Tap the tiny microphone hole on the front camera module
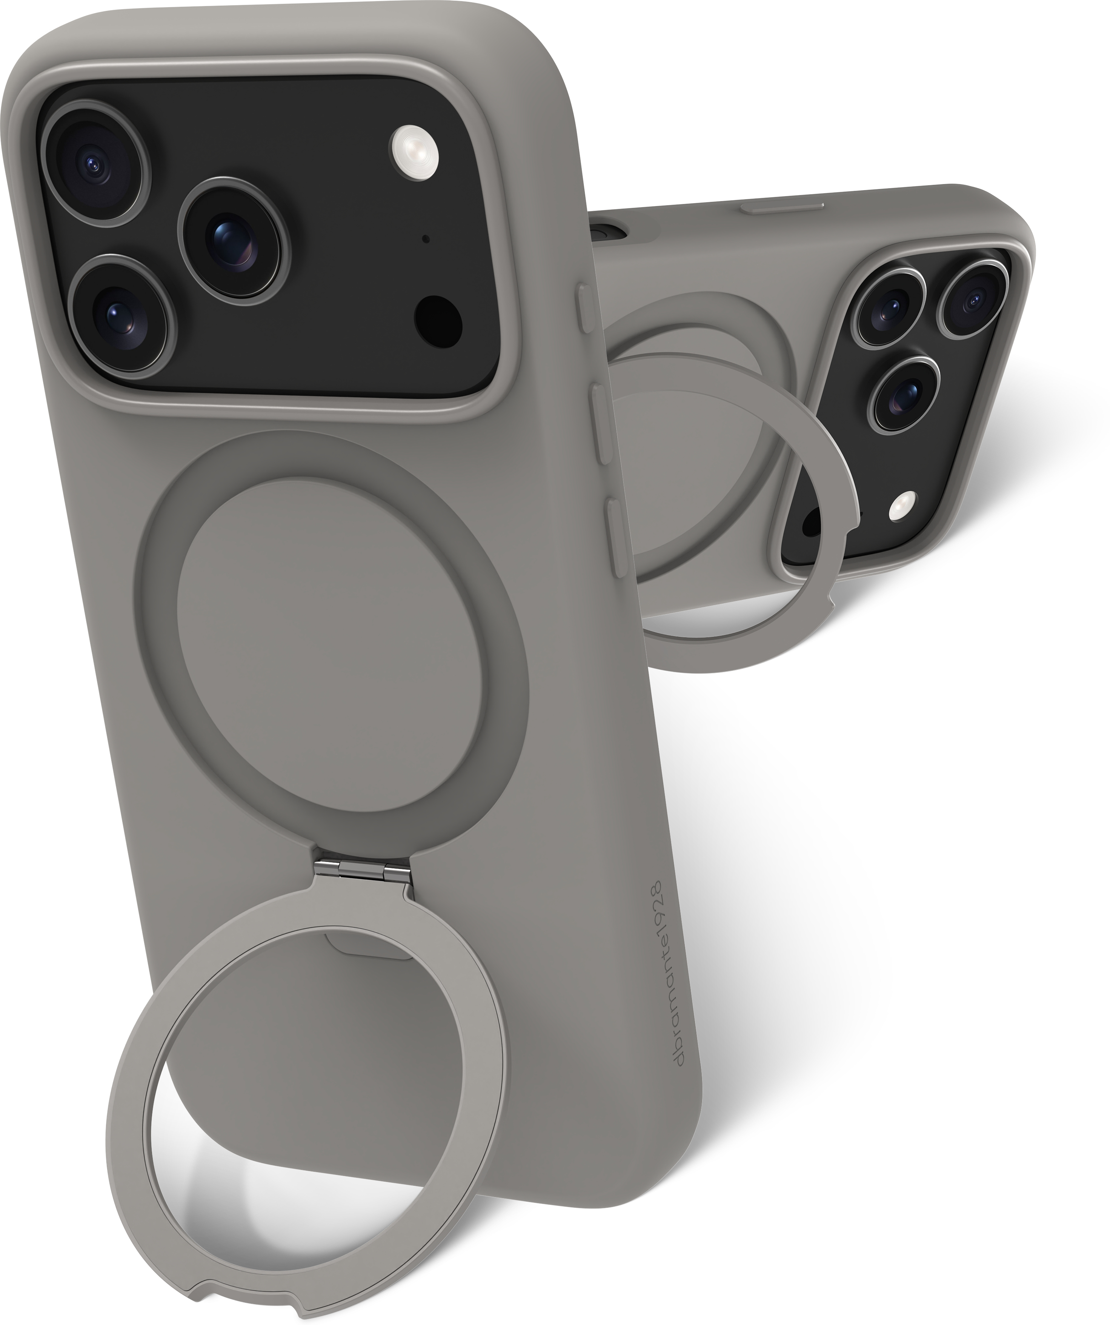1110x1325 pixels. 426,239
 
